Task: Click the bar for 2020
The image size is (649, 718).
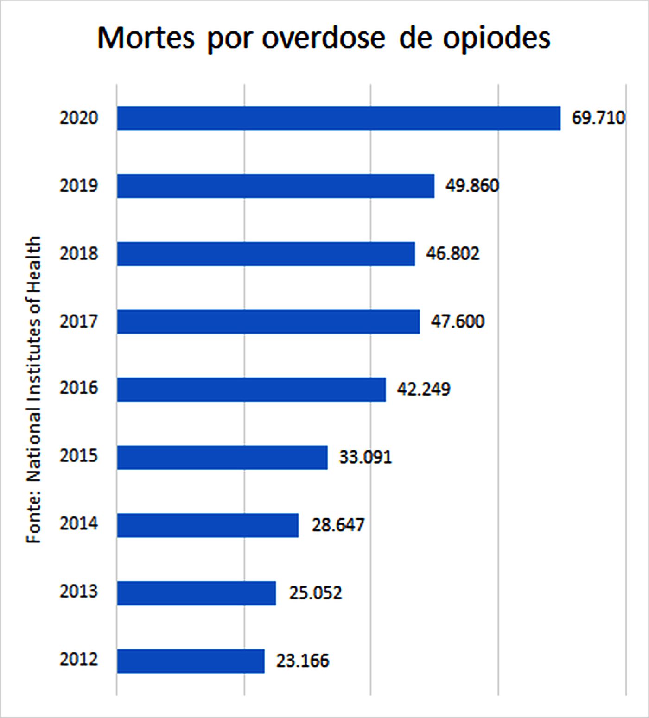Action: click(338, 118)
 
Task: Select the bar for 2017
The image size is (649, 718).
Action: click(268, 321)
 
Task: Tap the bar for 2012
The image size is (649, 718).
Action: click(191, 661)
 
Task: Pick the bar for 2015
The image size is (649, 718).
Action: click(222, 457)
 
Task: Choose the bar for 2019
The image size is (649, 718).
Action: click(275, 186)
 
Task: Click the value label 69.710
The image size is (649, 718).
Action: click(598, 118)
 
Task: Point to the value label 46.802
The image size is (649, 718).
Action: click(452, 254)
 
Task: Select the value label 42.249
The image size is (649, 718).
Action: click(423, 389)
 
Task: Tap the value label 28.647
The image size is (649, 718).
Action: click(338, 525)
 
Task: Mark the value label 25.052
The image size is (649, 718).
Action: click(315, 593)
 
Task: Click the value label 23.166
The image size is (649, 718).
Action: click(303, 661)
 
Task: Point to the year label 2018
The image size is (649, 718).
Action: click(79, 254)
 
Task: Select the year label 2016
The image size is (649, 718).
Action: click(79, 388)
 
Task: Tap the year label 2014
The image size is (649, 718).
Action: click(79, 523)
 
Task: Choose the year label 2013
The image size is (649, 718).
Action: click(79, 592)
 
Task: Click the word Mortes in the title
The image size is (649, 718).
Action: click(146, 38)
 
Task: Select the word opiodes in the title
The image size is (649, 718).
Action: click(496, 38)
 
